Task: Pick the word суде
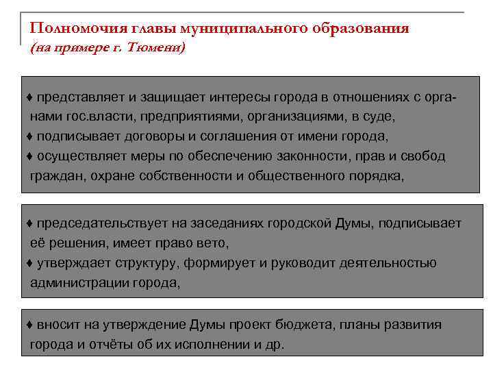[x=381, y=116]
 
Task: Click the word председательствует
[x=97, y=223]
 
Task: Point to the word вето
[x=214, y=243]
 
